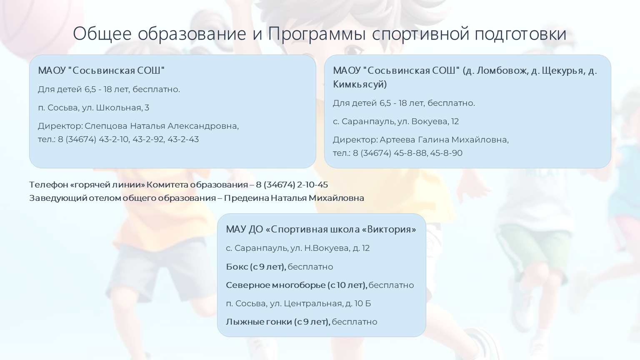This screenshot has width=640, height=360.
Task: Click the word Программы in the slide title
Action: point(317,34)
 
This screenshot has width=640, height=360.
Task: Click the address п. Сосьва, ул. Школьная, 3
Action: point(94,108)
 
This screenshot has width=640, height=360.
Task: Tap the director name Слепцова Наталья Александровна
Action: point(161,126)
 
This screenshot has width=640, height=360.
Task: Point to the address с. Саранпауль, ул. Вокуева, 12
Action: point(396,121)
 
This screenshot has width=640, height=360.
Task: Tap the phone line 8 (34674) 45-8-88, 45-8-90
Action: point(408,153)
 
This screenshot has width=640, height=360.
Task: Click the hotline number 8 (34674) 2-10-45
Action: point(292,185)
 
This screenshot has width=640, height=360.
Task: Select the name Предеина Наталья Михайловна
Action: point(294,198)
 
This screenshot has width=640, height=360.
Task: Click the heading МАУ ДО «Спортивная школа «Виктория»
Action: point(321,230)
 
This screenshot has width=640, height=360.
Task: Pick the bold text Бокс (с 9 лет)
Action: point(256,267)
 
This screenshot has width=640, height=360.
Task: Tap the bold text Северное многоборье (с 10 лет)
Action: point(297,285)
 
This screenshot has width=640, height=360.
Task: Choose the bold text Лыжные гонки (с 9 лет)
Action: point(278,322)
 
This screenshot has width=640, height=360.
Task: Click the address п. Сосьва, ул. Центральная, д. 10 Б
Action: point(298,303)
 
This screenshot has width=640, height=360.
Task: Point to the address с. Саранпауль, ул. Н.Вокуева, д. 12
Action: point(298,248)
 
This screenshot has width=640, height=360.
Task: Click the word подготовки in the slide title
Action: point(520,34)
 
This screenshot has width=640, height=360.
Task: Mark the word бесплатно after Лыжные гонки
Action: point(355,322)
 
